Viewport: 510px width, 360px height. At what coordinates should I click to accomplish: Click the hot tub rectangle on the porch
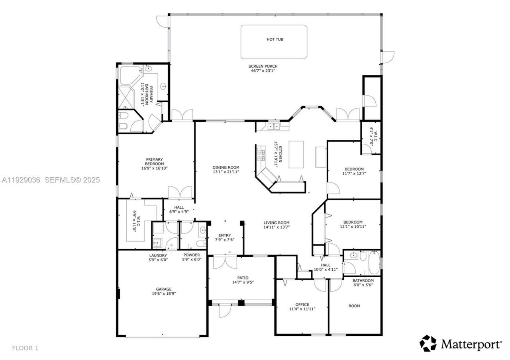pos(274,41)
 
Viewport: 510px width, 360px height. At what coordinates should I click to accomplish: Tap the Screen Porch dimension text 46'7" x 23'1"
pos(263,70)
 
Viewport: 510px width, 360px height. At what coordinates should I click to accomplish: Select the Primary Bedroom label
pos(154,162)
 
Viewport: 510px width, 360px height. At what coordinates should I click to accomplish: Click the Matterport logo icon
pos(428,343)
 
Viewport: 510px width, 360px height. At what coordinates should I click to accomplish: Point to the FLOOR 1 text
pos(25,348)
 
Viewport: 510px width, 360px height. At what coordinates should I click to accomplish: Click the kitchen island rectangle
pos(296,155)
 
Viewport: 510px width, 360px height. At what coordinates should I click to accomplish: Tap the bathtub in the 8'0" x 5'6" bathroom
pos(374,263)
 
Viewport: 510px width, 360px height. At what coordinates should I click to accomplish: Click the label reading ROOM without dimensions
pos(354,306)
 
